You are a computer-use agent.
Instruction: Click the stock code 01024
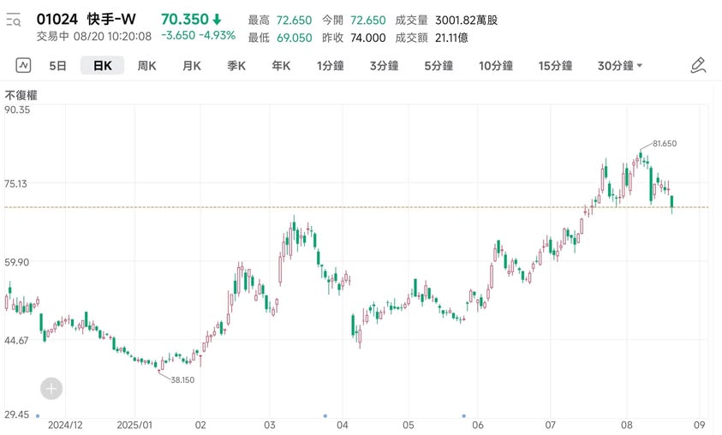(57, 19)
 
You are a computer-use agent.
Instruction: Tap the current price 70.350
(184, 19)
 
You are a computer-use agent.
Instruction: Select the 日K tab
(102, 65)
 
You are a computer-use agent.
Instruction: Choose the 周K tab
(146, 65)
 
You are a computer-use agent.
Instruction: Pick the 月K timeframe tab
(191, 65)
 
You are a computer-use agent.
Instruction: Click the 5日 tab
(57, 65)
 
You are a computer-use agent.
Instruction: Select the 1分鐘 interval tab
(330, 65)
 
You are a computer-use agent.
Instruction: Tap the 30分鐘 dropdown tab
(620, 65)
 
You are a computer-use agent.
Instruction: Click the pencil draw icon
(698, 65)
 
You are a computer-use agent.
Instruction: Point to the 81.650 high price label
(664, 144)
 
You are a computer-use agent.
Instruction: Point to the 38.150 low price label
(182, 379)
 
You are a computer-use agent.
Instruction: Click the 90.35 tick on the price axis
(18, 110)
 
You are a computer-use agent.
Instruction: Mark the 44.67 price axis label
(18, 340)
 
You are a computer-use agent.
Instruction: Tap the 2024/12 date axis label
(65, 424)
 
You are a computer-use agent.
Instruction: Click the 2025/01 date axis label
(134, 424)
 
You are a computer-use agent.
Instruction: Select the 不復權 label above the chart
(21, 95)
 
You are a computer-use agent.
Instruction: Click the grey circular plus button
(51, 389)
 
